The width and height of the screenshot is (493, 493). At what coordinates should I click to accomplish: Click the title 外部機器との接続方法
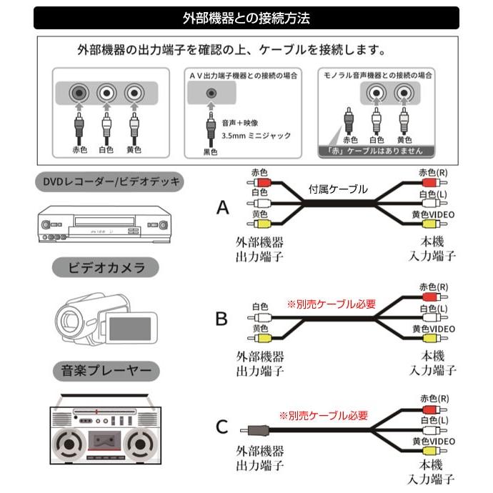coord(246,19)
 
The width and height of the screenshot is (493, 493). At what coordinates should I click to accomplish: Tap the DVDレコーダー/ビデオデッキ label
coord(108,183)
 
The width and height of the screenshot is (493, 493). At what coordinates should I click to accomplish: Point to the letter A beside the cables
coord(223,208)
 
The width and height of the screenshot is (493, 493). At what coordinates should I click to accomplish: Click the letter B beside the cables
coord(221,318)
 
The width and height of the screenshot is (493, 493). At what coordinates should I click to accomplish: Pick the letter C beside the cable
coord(221,427)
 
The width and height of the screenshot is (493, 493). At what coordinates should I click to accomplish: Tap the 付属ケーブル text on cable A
coord(338,190)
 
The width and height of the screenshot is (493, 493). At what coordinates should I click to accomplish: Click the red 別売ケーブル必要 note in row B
coord(331,304)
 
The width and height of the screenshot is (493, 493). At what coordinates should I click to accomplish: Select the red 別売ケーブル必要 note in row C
coord(323,415)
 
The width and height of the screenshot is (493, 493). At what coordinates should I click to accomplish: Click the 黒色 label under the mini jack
coord(211,151)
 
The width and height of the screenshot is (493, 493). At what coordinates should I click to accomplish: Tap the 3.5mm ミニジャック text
coord(256,135)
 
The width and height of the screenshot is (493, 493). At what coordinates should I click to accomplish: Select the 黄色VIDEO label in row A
coord(433,215)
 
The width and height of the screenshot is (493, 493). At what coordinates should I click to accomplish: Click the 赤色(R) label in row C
coord(434,398)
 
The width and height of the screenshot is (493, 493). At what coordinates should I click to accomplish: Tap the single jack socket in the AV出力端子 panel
coord(211,93)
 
